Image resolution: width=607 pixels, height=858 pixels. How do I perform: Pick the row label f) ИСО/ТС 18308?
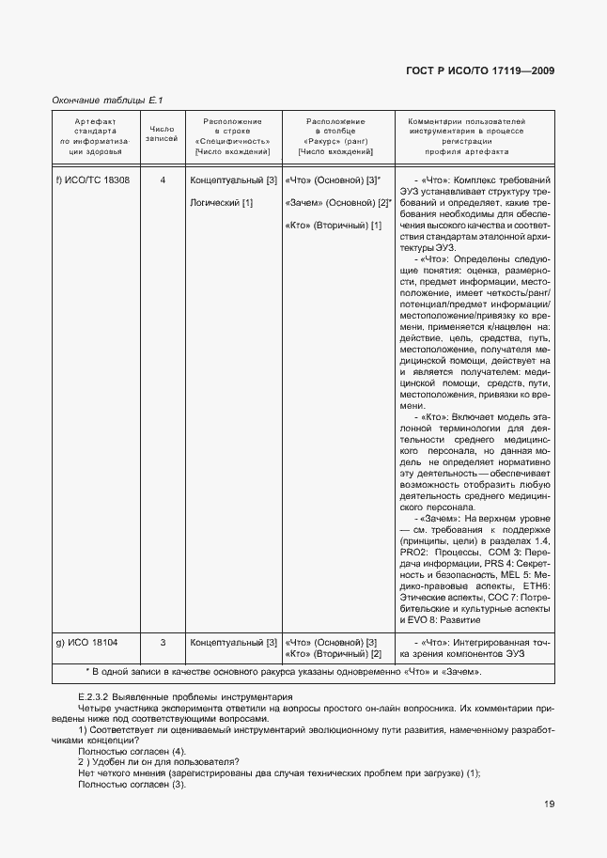pyautogui.click(x=93, y=179)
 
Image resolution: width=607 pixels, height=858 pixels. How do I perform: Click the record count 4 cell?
pyautogui.click(x=163, y=179)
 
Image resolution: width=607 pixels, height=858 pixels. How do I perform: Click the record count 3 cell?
pyautogui.click(x=163, y=642)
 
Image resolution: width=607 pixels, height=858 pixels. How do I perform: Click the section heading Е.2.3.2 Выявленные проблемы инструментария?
pyautogui.click(x=174, y=697)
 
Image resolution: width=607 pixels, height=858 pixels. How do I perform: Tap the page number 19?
pyautogui.click(x=548, y=803)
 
